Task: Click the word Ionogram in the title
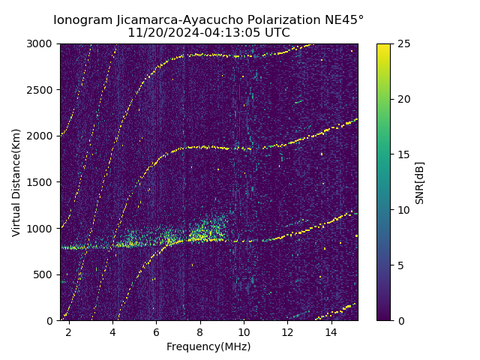(x=82, y=20)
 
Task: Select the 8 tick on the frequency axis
(x=200, y=331)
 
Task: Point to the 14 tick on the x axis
(x=331, y=331)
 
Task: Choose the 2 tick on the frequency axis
(x=69, y=331)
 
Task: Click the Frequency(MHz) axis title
(x=208, y=346)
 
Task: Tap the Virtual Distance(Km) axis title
(x=16, y=182)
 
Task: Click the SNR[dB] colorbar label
(x=420, y=182)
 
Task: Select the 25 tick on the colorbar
(x=403, y=44)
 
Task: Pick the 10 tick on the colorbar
(x=403, y=210)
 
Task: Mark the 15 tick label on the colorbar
(x=403, y=154)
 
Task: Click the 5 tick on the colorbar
(x=400, y=265)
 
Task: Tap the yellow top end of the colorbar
(x=383, y=46)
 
